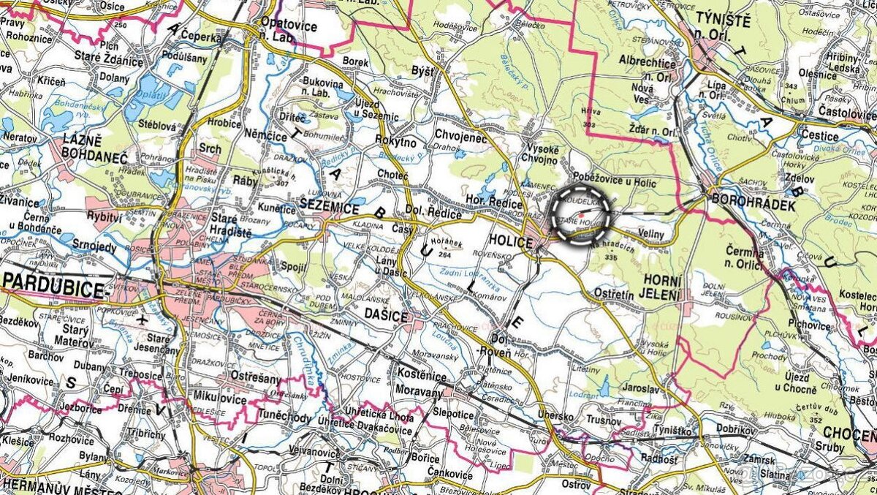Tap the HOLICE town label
509,239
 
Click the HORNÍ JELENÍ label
662,287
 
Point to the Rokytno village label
396,141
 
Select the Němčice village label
266,126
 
